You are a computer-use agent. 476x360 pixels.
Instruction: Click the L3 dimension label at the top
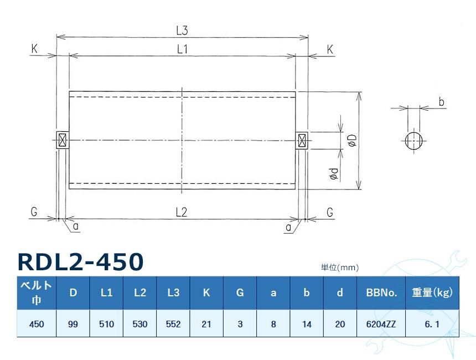point(182,30)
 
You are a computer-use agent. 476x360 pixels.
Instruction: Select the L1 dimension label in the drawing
point(182,49)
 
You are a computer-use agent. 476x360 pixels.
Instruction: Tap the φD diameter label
point(352,141)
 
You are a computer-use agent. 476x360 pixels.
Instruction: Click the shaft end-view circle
point(413,140)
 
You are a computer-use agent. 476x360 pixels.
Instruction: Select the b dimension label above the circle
point(441,102)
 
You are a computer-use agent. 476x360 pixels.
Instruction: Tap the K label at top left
point(34,49)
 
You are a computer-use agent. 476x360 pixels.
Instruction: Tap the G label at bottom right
point(330,212)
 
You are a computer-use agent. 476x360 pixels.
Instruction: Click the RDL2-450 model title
point(81,262)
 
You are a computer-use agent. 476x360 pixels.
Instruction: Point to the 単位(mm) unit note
point(340,268)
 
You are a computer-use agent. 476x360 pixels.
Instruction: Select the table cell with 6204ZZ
point(381,324)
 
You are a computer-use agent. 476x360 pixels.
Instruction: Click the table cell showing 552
point(173,324)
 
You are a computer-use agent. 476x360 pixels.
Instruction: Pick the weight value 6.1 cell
point(432,324)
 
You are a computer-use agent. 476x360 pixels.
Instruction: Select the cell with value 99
point(73,324)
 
